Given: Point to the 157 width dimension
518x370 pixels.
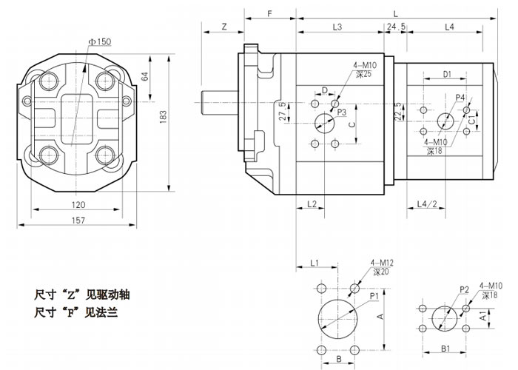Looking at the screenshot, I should point(78,221).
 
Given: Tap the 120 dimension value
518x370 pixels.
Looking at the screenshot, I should point(78,203).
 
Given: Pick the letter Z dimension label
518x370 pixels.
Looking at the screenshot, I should point(223,27).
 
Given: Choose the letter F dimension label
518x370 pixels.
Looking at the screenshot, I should point(269,14).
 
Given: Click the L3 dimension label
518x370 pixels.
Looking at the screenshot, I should point(337,27).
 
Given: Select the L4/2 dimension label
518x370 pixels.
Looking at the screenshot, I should point(425,203).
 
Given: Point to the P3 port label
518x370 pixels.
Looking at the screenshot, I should point(342,112).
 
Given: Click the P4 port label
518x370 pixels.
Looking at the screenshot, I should point(460,98).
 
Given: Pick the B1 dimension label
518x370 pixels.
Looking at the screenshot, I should point(446,347).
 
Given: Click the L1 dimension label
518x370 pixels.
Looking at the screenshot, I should point(314,263).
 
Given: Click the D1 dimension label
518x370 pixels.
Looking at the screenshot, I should point(447,74).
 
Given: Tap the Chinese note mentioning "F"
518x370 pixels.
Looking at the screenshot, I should point(77,313).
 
